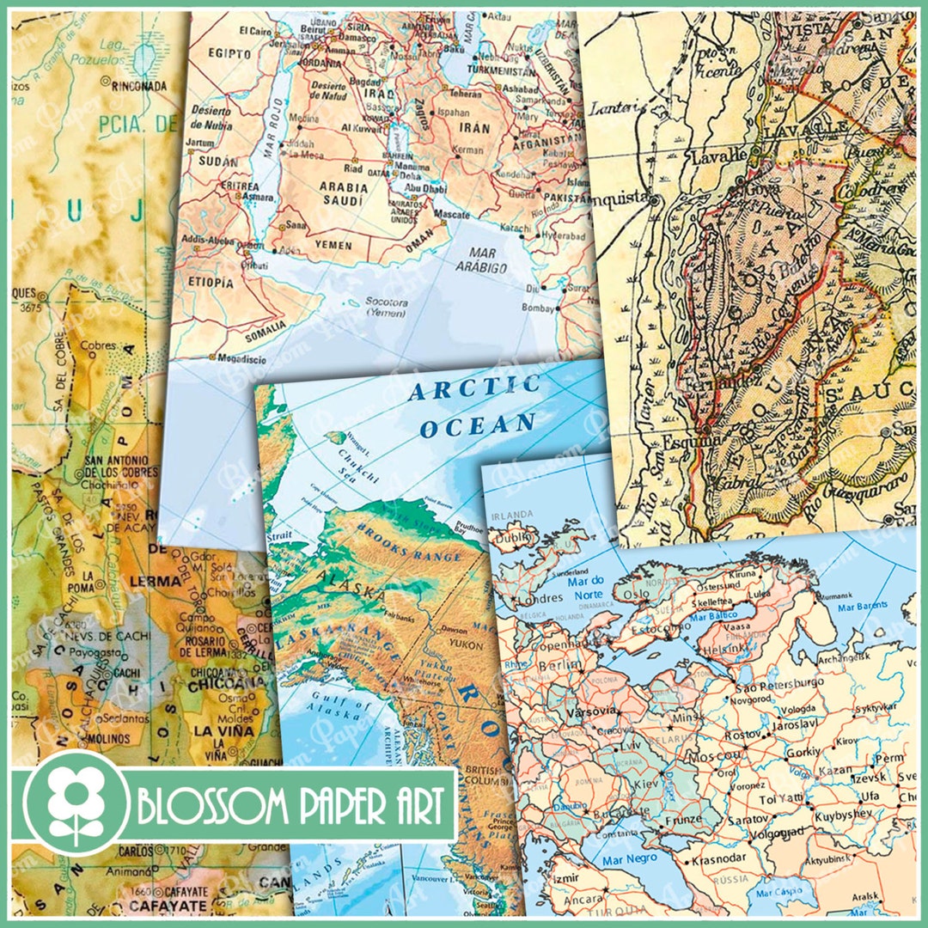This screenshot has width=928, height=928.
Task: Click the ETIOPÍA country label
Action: tap(207, 282)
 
